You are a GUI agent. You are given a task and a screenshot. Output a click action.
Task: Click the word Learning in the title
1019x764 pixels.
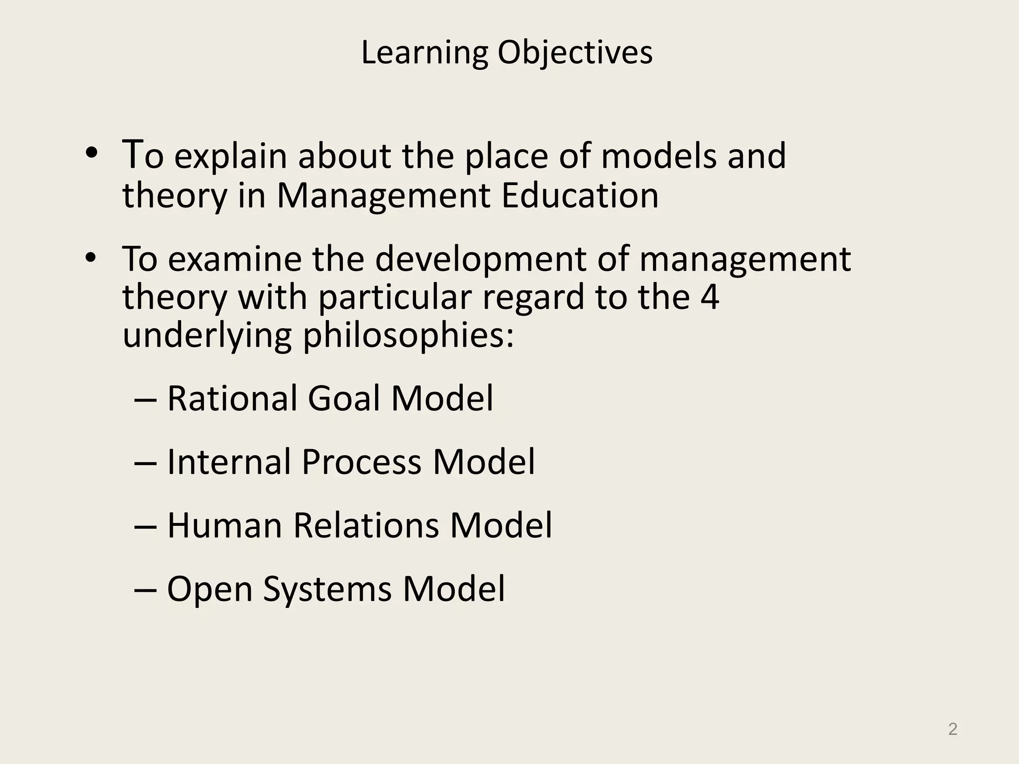(424, 53)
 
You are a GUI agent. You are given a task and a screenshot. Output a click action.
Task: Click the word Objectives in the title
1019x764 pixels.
(575, 53)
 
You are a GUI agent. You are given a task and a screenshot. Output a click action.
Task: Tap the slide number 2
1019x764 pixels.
(953, 729)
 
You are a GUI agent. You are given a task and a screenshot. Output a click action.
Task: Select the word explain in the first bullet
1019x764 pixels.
(230, 156)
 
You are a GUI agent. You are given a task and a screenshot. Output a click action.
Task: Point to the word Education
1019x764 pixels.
(580, 195)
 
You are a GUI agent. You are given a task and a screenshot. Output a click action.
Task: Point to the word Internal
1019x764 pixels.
(229, 462)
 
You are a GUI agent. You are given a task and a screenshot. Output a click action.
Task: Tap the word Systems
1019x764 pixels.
(327, 589)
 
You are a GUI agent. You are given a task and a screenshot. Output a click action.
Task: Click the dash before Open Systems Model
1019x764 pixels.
(146, 590)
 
